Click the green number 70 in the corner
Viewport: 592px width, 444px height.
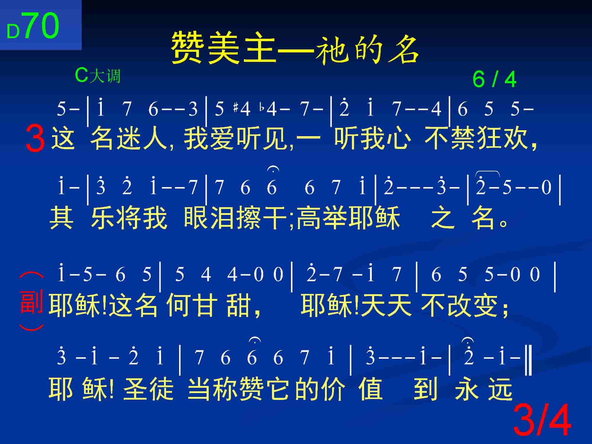tap(41, 26)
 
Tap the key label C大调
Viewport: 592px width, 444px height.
tap(98, 75)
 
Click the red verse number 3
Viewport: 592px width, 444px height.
tap(35, 138)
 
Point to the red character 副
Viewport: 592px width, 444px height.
tap(31, 302)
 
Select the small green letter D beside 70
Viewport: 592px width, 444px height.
tap(13, 32)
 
